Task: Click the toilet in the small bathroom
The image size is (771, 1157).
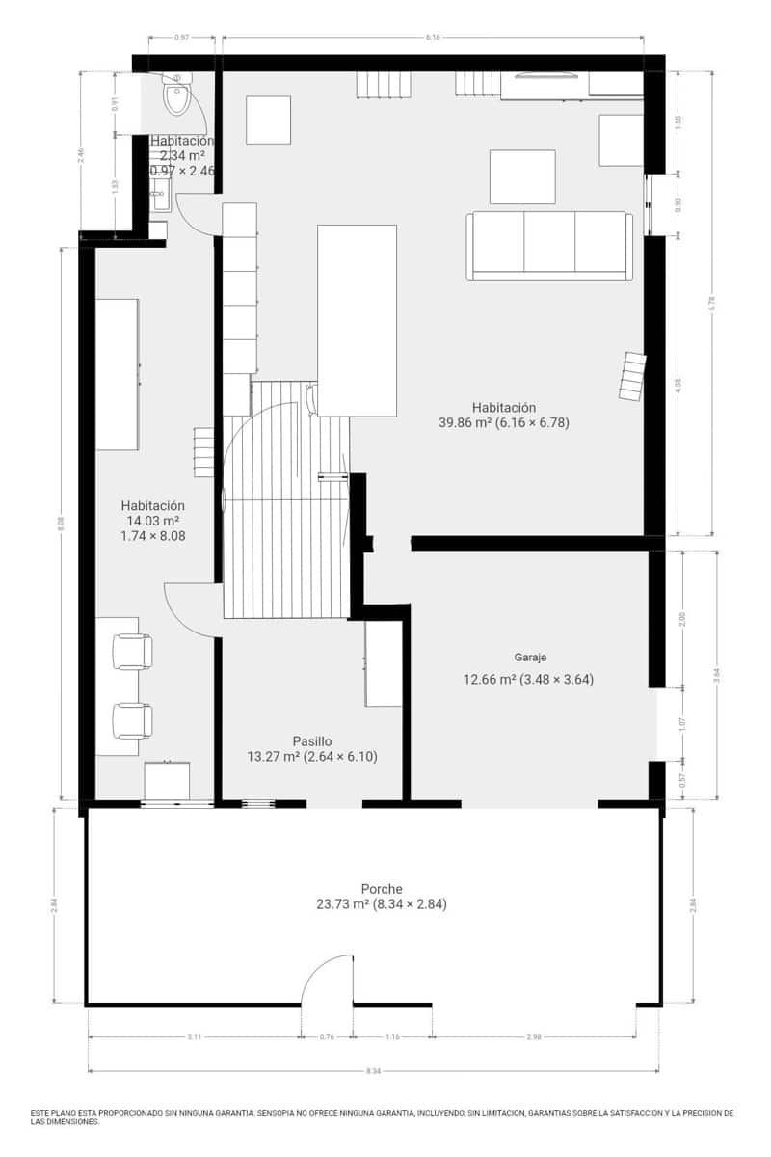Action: [x=177, y=96]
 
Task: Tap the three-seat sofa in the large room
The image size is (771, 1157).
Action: [x=549, y=246]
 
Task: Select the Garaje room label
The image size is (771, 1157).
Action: [x=530, y=657]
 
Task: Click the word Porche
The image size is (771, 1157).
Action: [x=382, y=889]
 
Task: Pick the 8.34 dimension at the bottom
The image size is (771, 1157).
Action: [x=374, y=1071]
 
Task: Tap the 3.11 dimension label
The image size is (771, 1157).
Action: [x=194, y=1037]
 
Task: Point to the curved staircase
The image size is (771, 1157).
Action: [x=285, y=501]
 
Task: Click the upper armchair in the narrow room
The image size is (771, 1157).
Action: [x=132, y=651]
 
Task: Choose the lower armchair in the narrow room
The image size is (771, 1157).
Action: [x=132, y=720]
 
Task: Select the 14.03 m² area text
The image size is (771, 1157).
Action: [x=152, y=521]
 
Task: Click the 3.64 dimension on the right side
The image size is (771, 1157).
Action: [x=716, y=675]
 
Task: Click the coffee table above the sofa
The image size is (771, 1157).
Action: [x=522, y=176]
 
